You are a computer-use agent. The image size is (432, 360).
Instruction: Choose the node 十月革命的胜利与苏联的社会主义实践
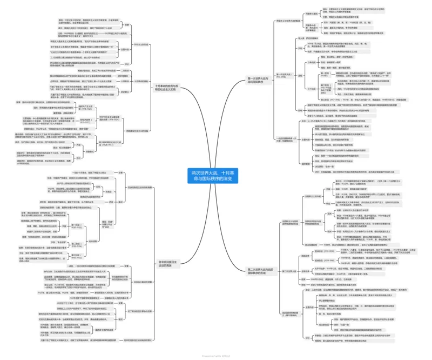(x=168, y=86)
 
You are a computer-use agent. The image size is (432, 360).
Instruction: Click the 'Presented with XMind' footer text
(x=216, y=356)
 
